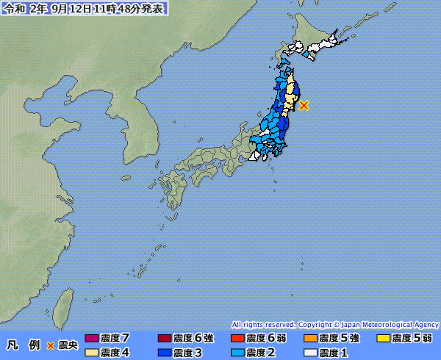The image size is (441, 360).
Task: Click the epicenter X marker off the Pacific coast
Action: (304, 105)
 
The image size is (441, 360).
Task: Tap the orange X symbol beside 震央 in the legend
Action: (51, 345)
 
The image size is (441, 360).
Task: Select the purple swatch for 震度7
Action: (91, 339)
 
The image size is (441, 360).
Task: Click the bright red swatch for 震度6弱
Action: (237, 339)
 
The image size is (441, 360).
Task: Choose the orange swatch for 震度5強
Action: (310, 339)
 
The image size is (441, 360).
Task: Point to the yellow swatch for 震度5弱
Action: (383, 339)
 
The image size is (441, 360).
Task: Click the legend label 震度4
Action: (115, 353)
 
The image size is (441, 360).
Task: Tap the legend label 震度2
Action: (260, 353)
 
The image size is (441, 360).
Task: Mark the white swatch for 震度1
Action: (310, 353)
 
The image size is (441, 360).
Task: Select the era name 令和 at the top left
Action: (15, 8)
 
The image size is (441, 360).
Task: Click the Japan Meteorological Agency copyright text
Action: (335, 324)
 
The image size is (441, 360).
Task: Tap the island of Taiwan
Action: (64, 301)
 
